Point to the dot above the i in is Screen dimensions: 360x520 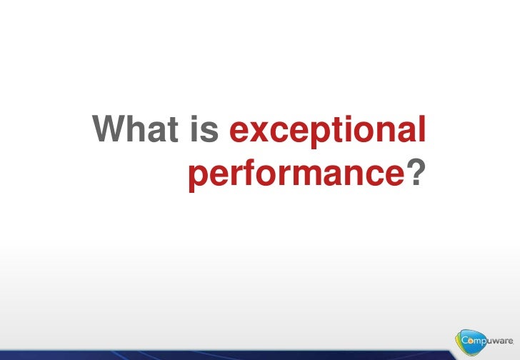click(194, 119)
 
